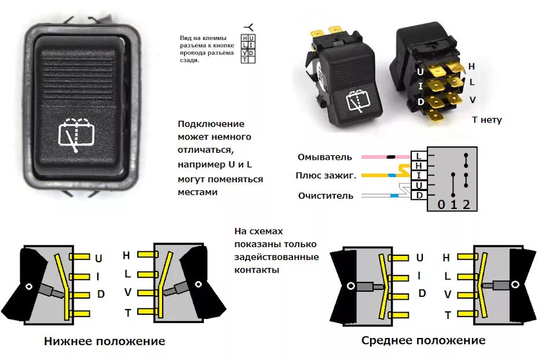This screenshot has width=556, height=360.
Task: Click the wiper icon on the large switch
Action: click(77, 134)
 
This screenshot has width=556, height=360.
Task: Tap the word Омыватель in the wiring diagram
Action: click(325, 157)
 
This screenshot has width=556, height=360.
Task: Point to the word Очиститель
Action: click(325, 196)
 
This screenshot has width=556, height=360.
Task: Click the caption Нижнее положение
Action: click(104, 341)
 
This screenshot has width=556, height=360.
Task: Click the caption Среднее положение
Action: click(423, 340)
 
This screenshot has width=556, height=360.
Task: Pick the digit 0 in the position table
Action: click(441, 204)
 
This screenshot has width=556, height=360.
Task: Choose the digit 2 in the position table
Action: click(466, 204)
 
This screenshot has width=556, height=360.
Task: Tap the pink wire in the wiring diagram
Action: click(374, 157)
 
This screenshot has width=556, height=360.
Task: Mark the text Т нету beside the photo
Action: click(487, 120)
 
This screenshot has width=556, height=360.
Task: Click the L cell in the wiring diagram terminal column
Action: click(418, 156)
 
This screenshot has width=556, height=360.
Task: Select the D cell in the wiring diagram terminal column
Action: click(418, 195)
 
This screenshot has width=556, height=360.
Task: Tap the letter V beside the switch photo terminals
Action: click(473, 100)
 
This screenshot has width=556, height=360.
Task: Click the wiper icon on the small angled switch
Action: click(357, 101)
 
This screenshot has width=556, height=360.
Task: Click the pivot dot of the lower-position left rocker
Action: click(28, 286)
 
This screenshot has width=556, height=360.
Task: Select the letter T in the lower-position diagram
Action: click(127, 313)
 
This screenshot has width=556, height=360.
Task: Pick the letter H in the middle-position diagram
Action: click(446, 258)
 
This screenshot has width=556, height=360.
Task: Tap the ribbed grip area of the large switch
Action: click(77, 75)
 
